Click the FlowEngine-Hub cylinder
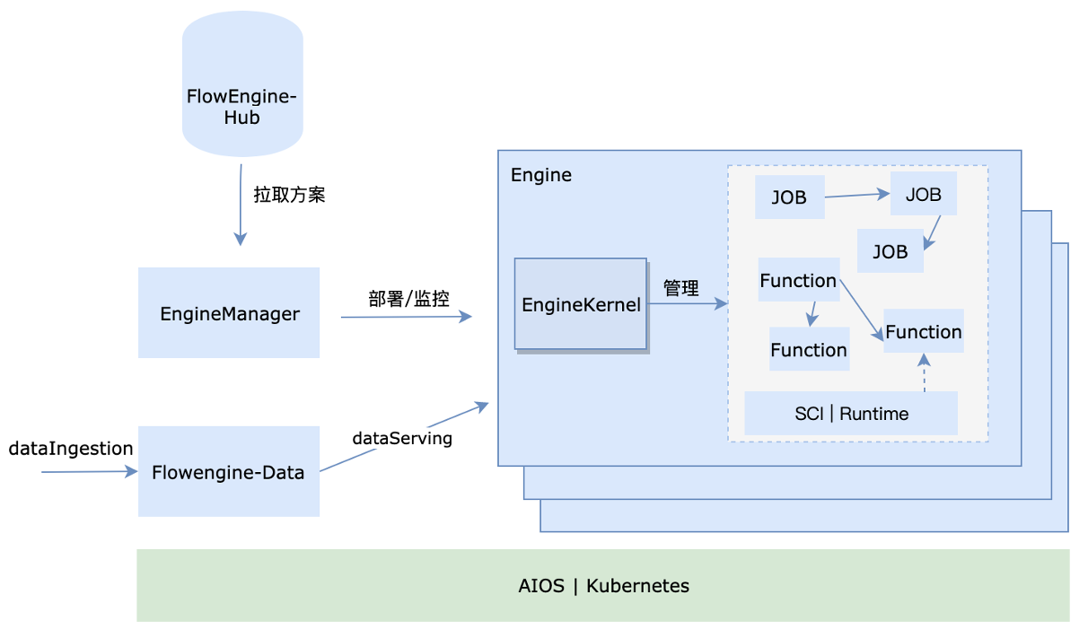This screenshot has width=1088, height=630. click(241, 85)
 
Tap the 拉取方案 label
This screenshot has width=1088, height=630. click(289, 195)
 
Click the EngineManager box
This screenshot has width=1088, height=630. click(229, 313)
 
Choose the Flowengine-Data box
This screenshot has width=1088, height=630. click(229, 471)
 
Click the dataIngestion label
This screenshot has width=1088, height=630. click(71, 449)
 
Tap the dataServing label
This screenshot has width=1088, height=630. click(402, 439)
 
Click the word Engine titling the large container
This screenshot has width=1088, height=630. click(540, 175)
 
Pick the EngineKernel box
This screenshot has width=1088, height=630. click(581, 304)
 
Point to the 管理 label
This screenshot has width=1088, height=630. click(680, 288)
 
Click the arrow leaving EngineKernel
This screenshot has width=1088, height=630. click(687, 304)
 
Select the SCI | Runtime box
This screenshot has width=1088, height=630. click(851, 414)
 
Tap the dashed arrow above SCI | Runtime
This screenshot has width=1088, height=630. click(924, 372)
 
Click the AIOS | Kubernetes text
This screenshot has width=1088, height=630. click(603, 586)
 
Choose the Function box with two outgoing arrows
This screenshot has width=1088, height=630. click(798, 281)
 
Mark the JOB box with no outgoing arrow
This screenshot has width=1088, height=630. click(891, 251)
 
